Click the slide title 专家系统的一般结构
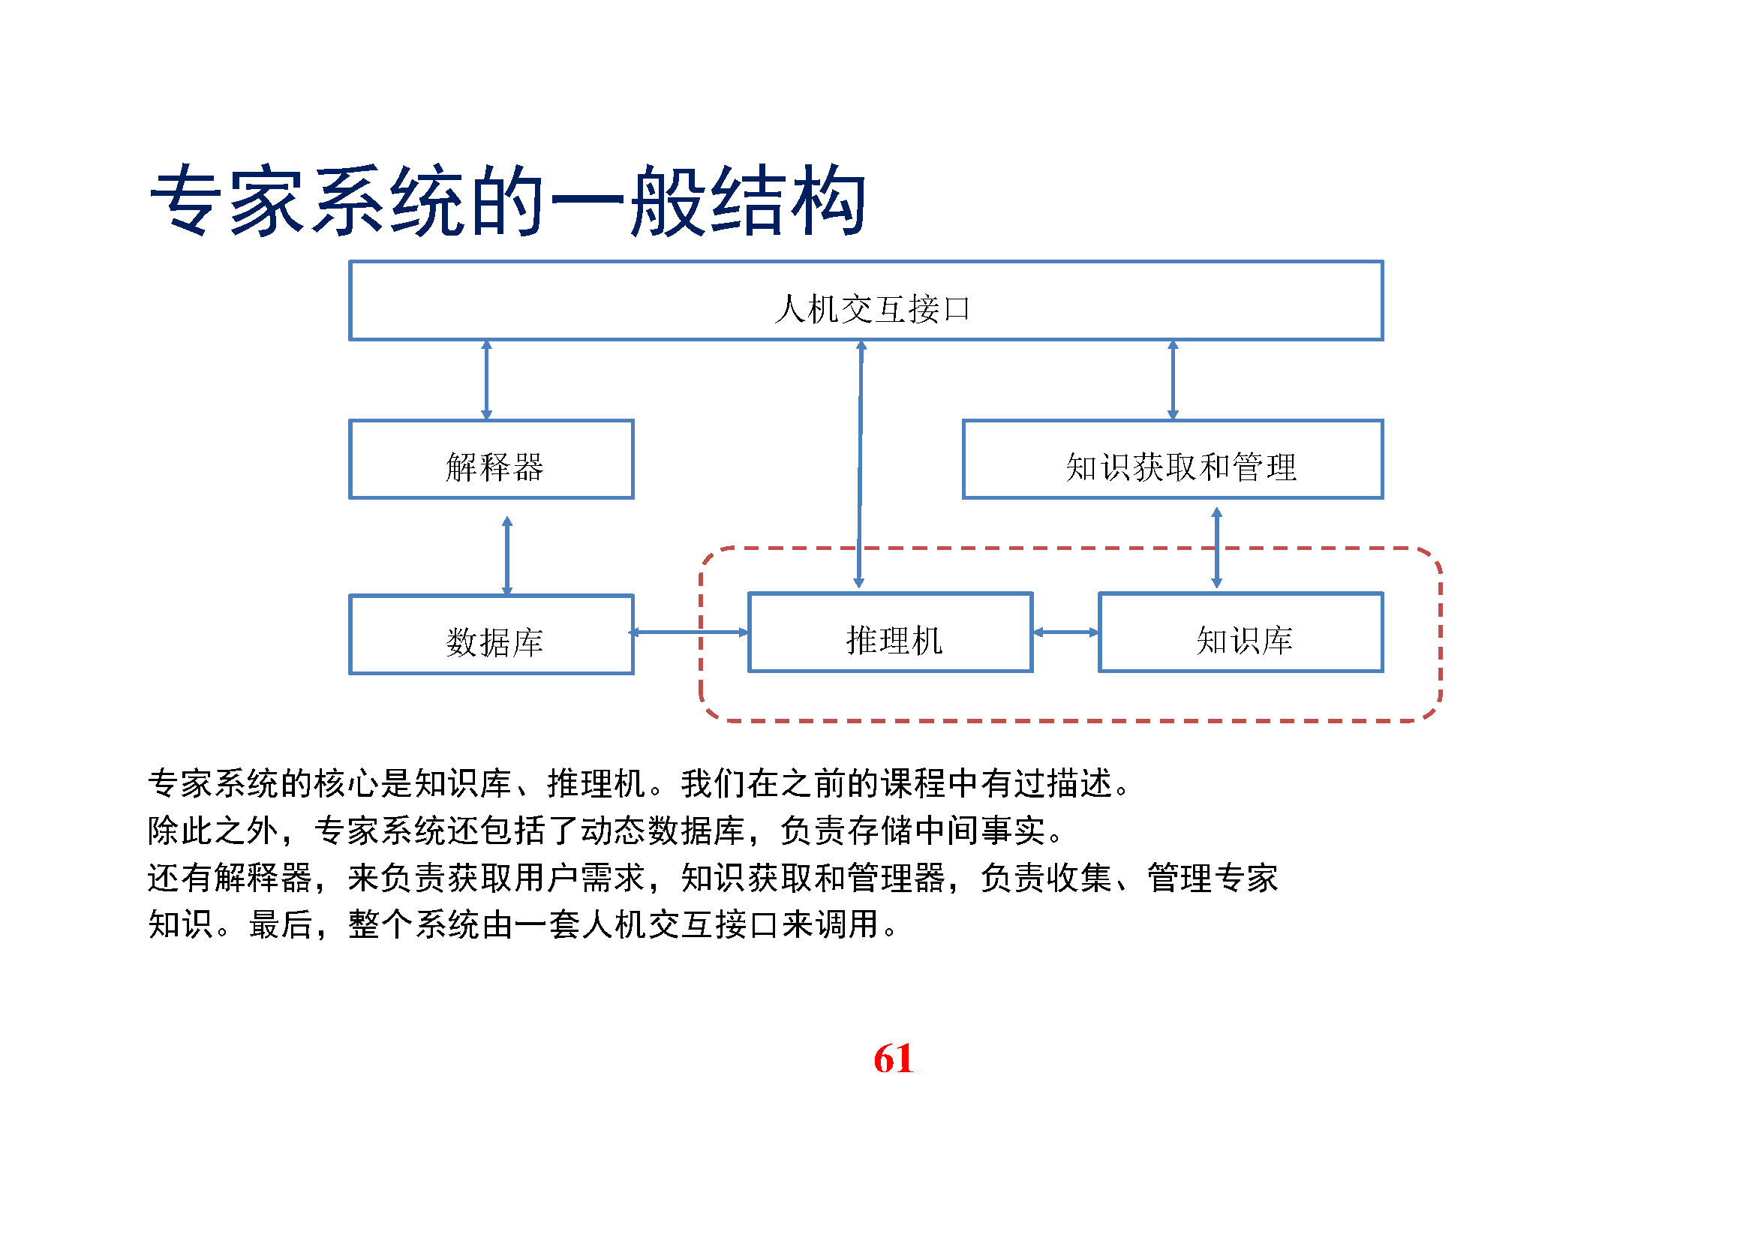click(x=507, y=201)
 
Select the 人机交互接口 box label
click(x=872, y=309)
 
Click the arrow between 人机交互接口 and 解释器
click(x=486, y=380)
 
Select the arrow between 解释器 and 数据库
click(x=506, y=556)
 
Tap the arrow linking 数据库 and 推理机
click(x=690, y=633)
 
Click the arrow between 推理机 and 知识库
click(x=1065, y=633)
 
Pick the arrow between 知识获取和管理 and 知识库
click(x=1217, y=548)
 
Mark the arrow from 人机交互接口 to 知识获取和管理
click(x=1174, y=380)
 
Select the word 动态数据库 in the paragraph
click(x=663, y=831)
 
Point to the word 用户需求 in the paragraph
click(x=579, y=878)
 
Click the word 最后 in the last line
click(x=281, y=925)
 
